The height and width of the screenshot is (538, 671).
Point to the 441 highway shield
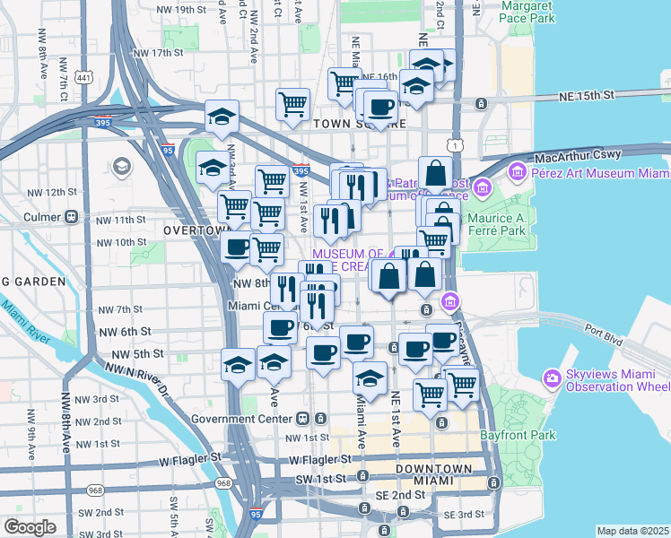point(84,79)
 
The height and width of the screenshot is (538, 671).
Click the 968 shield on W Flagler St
point(95,490)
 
